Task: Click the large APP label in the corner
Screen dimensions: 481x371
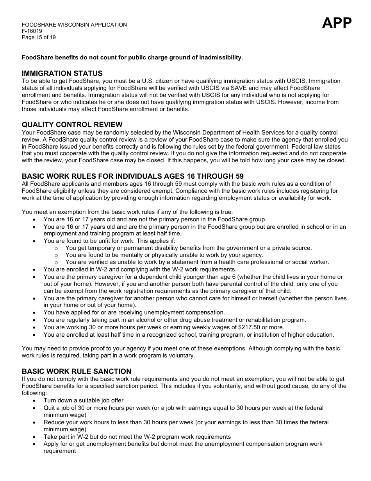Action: coord(337,23)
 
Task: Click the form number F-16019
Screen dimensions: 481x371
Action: coord(32,31)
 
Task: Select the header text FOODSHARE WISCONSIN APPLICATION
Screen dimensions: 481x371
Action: coord(74,25)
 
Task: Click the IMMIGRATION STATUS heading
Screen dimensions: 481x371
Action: coord(62,74)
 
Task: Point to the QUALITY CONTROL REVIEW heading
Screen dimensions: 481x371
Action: coord(72,125)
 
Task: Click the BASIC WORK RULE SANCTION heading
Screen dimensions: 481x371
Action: coord(77,371)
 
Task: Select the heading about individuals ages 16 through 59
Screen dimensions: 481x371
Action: coord(133,176)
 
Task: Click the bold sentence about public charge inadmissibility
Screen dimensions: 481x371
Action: coord(132,57)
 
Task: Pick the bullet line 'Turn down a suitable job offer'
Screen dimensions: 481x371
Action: coord(84,400)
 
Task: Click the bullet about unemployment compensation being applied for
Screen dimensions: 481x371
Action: coord(134,312)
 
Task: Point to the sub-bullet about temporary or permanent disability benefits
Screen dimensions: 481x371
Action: coord(188,248)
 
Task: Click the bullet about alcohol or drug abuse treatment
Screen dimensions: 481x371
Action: coord(175,320)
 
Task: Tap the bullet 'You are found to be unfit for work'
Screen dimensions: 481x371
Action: coord(109,241)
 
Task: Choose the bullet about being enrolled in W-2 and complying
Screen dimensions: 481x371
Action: coord(140,269)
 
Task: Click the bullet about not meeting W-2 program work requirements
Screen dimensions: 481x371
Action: coord(137,437)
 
